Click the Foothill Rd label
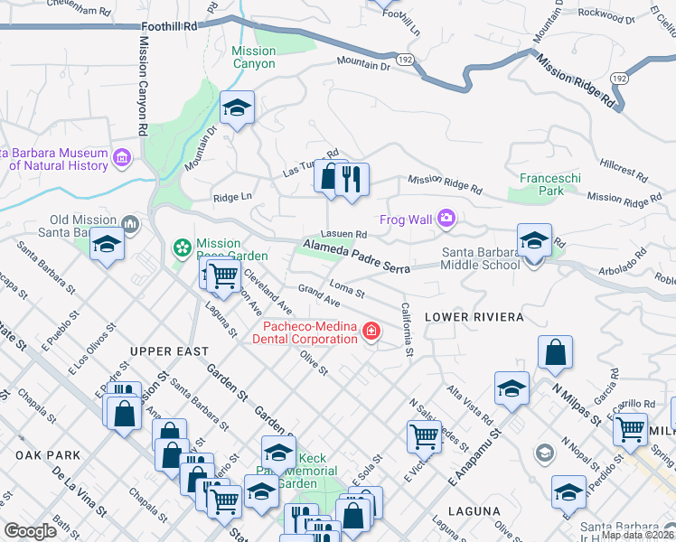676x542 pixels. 175,27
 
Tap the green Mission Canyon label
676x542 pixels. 253,57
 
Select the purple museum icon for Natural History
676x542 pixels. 123,159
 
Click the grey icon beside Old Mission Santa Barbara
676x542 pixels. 130,222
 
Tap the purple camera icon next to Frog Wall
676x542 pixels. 446,218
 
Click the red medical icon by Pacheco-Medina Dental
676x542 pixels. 370,333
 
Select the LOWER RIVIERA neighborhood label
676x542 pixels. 474,317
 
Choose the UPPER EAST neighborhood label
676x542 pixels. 169,350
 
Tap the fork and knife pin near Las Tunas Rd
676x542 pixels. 352,179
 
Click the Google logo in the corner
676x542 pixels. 30,531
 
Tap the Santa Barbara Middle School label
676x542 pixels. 480,258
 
